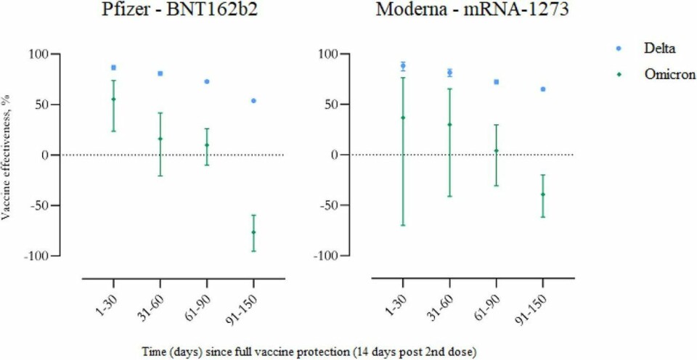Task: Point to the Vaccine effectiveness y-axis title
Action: tap(7, 154)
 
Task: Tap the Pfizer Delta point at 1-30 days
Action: tap(113, 67)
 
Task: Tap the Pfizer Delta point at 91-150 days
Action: tap(253, 100)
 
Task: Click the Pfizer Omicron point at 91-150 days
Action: tap(253, 232)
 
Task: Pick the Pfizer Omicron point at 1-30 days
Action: tap(113, 99)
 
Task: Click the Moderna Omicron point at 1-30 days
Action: tap(403, 118)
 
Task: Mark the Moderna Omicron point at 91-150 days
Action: tap(542, 195)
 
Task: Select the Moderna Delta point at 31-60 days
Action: tap(449, 73)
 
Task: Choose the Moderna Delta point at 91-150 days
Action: tap(542, 89)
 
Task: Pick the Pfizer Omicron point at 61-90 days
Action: tap(207, 145)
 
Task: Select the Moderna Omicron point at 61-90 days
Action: tap(496, 151)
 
